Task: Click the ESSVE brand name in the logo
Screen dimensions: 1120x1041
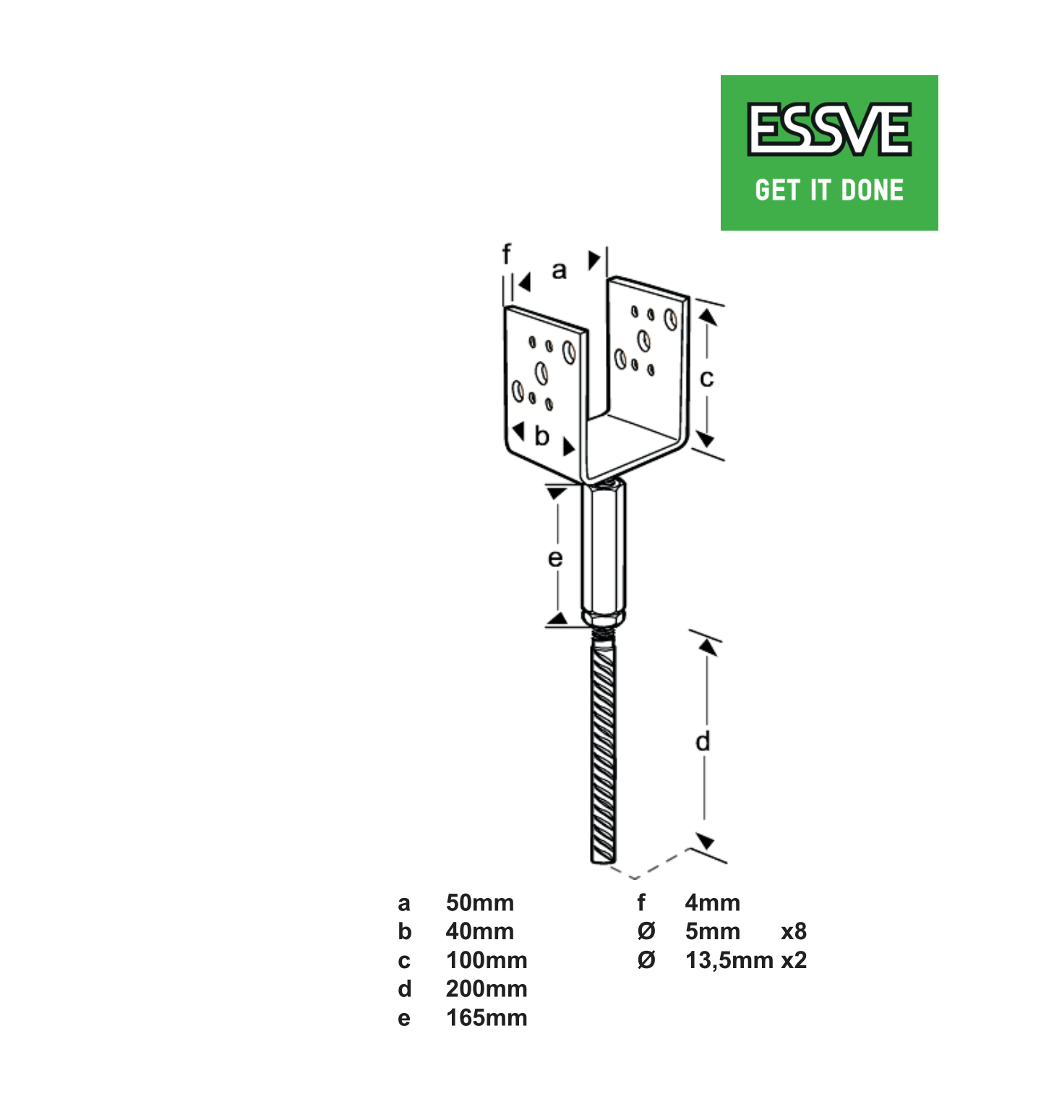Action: point(829,129)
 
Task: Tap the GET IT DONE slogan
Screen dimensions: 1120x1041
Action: point(829,190)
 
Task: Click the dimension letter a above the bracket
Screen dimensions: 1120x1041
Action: point(559,270)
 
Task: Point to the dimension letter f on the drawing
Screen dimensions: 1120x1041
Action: point(506,255)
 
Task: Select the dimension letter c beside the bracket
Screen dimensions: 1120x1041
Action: point(706,378)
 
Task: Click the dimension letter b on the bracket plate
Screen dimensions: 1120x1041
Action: point(541,436)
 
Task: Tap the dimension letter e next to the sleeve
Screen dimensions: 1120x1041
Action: point(554,558)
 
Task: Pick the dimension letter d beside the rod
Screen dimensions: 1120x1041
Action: point(703,741)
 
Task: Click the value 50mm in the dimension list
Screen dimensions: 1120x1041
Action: point(479,902)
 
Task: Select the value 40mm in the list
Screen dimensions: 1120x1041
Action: point(479,931)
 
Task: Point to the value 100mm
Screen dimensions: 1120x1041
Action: point(486,960)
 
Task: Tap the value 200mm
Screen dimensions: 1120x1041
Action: point(486,989)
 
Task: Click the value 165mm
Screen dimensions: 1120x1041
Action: point(486,1018)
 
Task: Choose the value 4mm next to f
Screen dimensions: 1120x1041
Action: point(712,902)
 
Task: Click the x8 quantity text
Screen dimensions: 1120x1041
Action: point(793,931)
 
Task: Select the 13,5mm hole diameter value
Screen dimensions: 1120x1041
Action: point(729,960)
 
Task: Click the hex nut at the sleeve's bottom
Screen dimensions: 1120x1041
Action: point(604,619)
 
